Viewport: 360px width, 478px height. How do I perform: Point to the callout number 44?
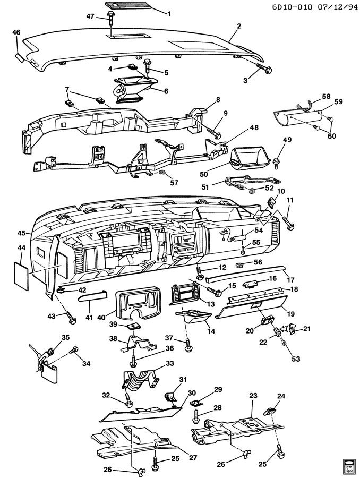click(x=22, y=247)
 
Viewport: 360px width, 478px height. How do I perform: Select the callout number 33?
click(x=170, y=364)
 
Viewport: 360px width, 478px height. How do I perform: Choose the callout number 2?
click(x=239, y=25)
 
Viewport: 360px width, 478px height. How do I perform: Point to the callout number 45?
click(x=22, y=233)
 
